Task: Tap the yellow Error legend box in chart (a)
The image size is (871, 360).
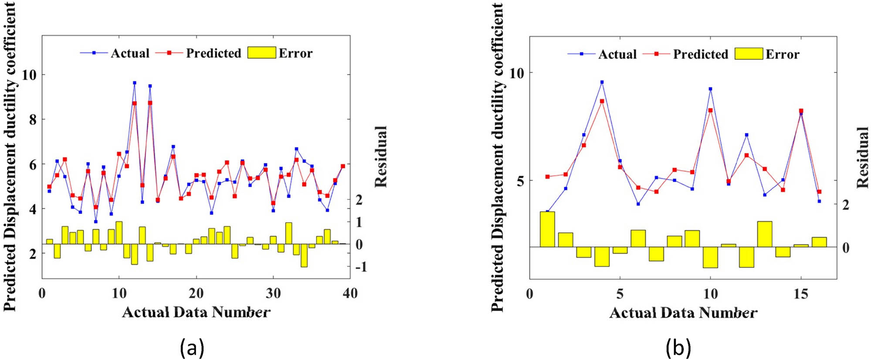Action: pyautogui.click(x=261, y=53)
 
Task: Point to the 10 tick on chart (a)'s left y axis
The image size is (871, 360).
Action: pyautogui.click(x=29, y=75)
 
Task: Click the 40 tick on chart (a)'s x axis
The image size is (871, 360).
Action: pyautogui.click(x=350, y=293)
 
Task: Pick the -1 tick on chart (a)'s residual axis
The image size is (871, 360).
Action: pyautogui.click(x=361, y=267)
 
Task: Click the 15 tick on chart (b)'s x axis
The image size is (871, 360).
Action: pyautogui.click(x=801, y=294)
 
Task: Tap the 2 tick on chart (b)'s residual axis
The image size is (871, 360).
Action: pyautogui.click(x=846, y=204)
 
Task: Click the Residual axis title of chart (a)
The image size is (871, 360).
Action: pyautogui.click(x=381, y=157)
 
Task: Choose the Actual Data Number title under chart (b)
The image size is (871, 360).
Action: pyautogui.click(x=683, y=312)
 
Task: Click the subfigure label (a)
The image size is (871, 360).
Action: pyautogui.click(x=192, y=348)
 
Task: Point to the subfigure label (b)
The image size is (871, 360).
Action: pyautogui.click(x=678, y=348)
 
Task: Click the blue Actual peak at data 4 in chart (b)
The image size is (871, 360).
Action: pyautogui.click(x=602, y=82)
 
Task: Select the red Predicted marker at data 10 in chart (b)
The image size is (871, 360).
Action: pyautogui.click(x=710, y=110)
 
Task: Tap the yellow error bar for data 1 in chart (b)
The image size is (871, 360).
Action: pyautogui.click(x=547, y=229)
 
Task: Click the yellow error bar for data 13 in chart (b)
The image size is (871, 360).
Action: pyautogui.click(x=765, y=234)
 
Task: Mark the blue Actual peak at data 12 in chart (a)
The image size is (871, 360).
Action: pyautogui.click(x=135, y=83)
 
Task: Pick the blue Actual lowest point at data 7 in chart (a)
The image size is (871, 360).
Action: pyautogui.click(x=96, y=221)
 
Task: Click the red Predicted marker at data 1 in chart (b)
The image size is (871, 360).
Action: pyautogui.click(x=547, y=177)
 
